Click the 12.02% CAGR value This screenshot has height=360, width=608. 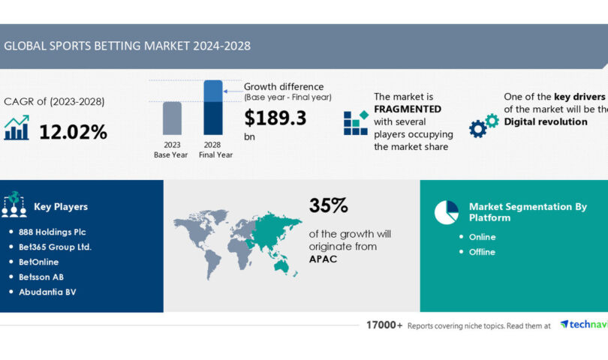pos(73,132)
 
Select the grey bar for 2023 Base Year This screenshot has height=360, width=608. pos(172,120)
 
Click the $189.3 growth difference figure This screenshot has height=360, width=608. pos(275,118)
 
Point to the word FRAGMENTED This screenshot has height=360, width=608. pos(408,109)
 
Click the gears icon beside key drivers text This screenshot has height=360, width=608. pos(483,125)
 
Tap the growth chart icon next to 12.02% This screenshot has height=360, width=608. pos(17,128)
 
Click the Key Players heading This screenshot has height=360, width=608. pos(61,207)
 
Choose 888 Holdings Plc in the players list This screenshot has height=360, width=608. pos(53,232)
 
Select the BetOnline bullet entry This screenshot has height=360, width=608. pos(39,262)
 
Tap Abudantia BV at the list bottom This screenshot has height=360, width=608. pos(47,292)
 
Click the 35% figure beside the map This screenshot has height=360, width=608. pos(328,206)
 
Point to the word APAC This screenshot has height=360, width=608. pos(324,259)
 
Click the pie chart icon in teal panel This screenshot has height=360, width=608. pos(446,212)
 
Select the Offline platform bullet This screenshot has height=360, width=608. pos(482,252)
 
